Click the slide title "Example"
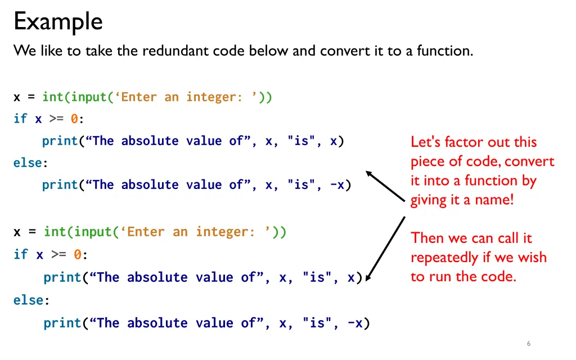click(x=58, y=22)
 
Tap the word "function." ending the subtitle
click(x=445, y=51)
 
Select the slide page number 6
click(x=529, y=344)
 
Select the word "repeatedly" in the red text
click(x=444, y=258)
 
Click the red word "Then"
click(x=427, y=238)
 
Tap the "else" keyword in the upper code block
click(x=28, y=163)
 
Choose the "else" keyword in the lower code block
click(x=28, y=300)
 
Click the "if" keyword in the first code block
click(x=20, y=119)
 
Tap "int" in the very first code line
click(x=53, y=97)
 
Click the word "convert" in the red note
click(x=529, y=162)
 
